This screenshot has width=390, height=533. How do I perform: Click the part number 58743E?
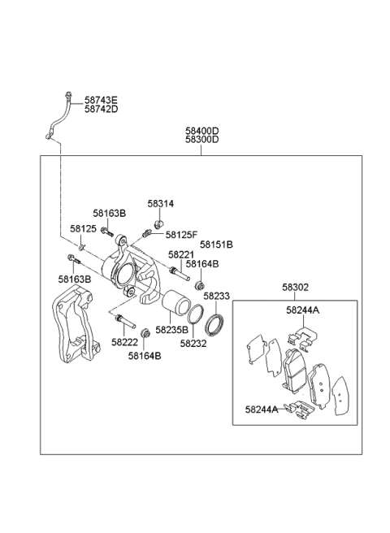[102, 99]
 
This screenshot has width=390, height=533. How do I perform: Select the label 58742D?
[102, 109]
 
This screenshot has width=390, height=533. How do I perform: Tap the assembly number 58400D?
[201, 130]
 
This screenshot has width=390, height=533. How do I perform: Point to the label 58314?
[161, 205]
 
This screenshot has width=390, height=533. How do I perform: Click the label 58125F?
[181, 235]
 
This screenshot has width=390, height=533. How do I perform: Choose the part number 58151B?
[217, 244]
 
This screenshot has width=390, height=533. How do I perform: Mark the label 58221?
[180, 254]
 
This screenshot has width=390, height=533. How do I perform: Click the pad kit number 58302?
[296, 288]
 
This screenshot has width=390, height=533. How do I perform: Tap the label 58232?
[193, 344]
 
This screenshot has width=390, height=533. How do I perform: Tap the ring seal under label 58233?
[215, 324]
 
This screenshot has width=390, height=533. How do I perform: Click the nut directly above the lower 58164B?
[145, 331]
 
